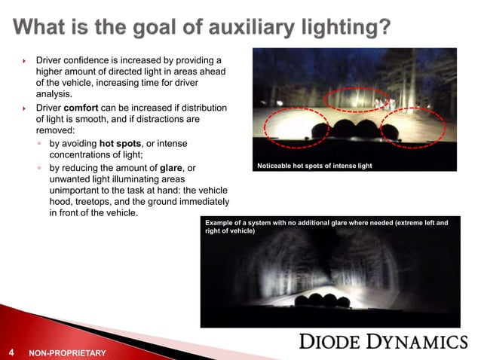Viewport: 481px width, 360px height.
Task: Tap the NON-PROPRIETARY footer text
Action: pos(66,352)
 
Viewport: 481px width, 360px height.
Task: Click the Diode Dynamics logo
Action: pos(383,342)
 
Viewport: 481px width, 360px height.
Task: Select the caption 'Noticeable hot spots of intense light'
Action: pos(314,165)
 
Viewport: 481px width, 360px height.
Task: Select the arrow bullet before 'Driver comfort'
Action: pos(25,108)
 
